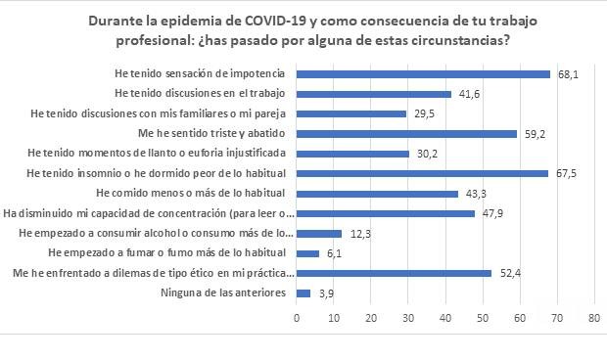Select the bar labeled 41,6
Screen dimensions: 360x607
(373, 94)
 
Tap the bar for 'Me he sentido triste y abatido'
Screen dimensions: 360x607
(406, 134)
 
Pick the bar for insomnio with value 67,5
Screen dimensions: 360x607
(422, 173)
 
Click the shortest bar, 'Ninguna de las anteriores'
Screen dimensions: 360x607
(303, 292)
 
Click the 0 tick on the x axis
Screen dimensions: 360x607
(297, 318)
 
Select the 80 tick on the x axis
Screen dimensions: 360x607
(593, 318)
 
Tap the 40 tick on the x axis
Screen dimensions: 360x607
(445, 318)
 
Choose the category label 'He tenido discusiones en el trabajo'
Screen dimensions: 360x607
(203, 94)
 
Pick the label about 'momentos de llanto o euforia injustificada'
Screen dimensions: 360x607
(157, 154)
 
